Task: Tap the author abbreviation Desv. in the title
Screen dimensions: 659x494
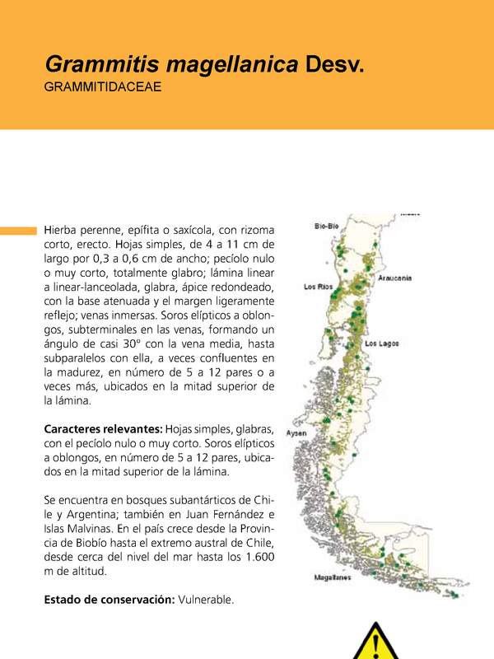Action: [x=334, y=63]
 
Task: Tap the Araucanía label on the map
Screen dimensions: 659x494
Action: [x=395, y=278]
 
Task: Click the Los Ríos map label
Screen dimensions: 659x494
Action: [x=318, y=287]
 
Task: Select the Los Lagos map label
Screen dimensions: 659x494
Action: [x=382, y=343]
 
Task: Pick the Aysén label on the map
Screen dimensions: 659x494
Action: [x=296, y=433]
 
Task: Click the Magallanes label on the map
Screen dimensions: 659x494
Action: [x=333, y=577]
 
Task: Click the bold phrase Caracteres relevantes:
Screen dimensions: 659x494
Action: [x=103, y=430]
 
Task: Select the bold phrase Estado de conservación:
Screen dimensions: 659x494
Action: [x=109, y=600]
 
